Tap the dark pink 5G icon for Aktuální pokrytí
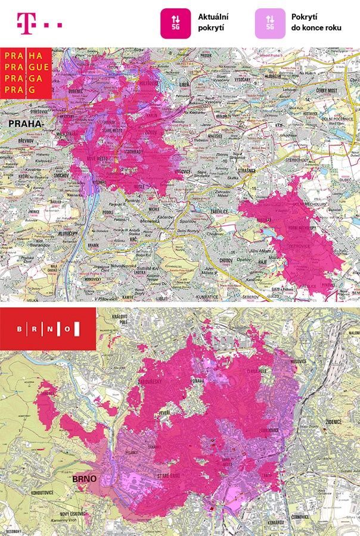175,24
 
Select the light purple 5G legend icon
270,24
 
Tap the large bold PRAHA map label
25,124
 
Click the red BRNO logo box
48,329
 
